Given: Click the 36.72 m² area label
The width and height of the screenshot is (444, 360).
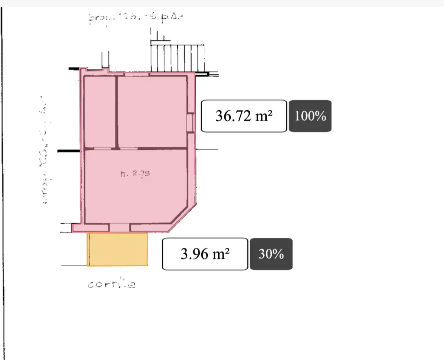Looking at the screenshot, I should [244, 116].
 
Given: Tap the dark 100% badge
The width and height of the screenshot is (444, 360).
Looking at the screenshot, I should [310, 116].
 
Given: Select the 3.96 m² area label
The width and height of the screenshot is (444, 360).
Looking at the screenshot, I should [205, 254].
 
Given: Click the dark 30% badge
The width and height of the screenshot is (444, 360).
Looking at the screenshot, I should [271, 254].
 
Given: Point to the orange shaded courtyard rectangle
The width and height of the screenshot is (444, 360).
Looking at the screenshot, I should [118, 249].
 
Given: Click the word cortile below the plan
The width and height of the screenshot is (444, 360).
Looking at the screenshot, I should [111, 284].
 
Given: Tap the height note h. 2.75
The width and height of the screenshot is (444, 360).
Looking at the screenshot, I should [135, 174].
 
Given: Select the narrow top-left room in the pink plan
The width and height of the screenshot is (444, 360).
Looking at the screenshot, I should [99, 111].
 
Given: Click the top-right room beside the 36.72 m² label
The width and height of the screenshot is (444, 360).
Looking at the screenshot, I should [152, 111].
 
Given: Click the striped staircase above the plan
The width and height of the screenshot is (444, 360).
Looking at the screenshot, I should [178, 57].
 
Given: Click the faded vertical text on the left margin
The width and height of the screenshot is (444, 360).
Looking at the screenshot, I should [43, 150].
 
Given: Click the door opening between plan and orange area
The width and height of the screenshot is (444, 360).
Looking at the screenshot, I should [119, 227].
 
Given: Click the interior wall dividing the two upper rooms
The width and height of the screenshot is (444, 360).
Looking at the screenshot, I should [116, 111].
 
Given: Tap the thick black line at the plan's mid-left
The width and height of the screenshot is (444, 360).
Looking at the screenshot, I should [68, 150].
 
